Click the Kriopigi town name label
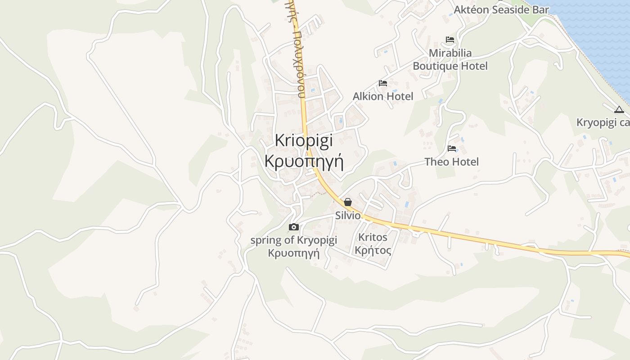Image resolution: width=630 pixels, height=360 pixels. [304, 141]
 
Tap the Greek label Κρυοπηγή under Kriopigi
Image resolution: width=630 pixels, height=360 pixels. [304, 161]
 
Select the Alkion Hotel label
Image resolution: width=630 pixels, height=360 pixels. [382, 96]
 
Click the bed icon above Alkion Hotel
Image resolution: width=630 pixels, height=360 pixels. [383, 83]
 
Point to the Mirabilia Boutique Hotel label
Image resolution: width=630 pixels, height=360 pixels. [450, 59]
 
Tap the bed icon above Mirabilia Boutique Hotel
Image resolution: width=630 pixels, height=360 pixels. [450, 40]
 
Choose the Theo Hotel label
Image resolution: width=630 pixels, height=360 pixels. [451, 162]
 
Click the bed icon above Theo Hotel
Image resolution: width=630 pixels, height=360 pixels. [452, 148]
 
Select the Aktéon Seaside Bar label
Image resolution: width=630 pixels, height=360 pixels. [501, 9]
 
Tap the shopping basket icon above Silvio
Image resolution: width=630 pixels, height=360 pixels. [348, 202]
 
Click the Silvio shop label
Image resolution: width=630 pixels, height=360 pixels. [348, 216]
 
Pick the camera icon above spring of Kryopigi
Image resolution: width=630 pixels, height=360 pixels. [294, 227]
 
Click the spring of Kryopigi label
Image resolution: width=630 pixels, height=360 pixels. [293, 240]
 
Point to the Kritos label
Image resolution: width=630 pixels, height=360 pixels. [373, 237]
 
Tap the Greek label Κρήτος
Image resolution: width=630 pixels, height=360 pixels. [373, 250]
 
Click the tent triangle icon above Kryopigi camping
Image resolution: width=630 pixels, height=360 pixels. [619, 109]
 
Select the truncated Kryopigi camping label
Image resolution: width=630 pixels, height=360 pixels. [603, 123]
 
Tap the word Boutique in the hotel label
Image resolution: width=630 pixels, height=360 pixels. [434, 66]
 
